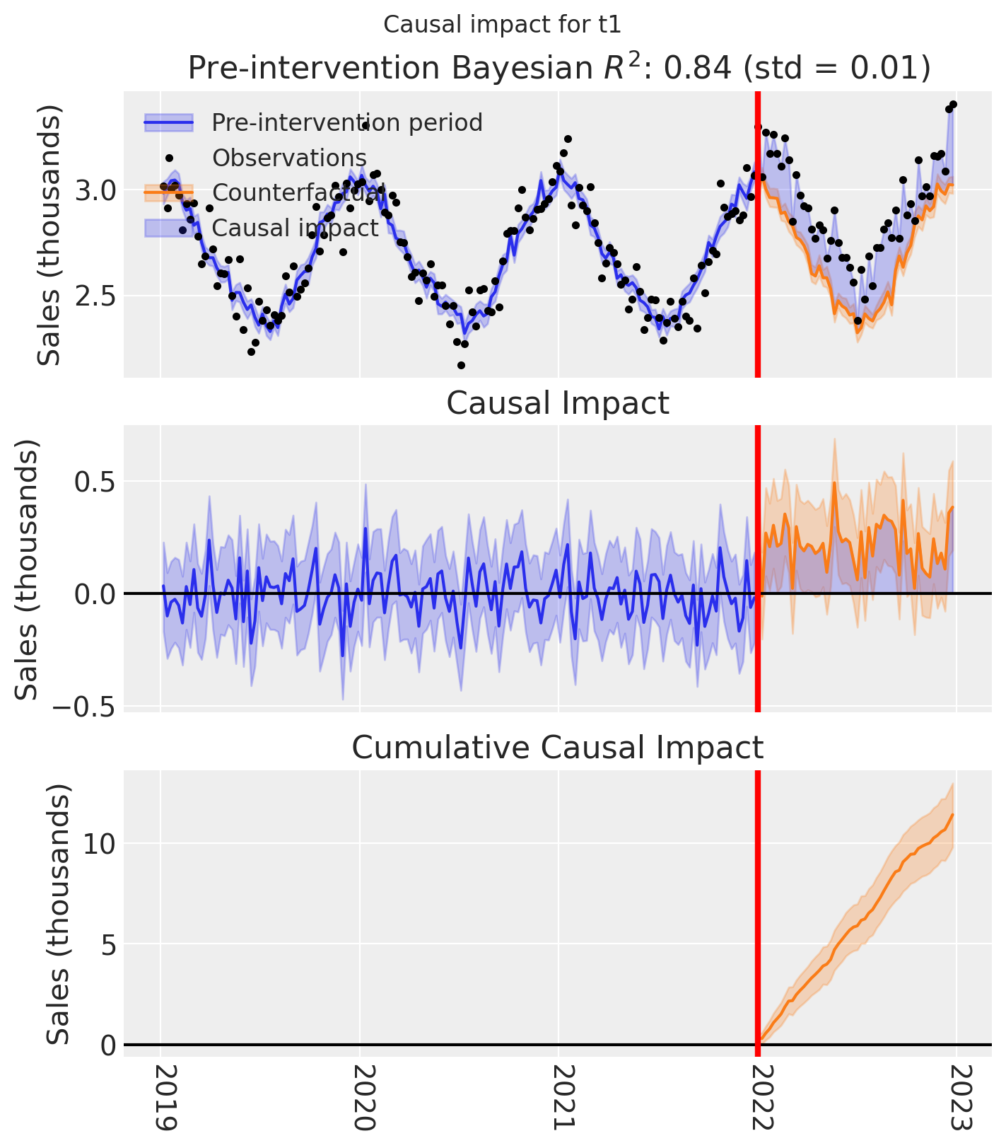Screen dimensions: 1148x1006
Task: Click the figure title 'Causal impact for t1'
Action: [x=502, y=25]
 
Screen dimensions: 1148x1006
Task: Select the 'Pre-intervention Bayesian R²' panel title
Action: [x=558, y=69]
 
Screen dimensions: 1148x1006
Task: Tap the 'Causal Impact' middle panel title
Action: [x=558, y=403]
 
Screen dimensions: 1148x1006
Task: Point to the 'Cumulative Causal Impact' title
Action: [x=558, y=748]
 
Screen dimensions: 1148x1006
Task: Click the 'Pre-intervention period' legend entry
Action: [x=347, y=122]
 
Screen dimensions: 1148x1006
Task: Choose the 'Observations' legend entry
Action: [x=289, y=158]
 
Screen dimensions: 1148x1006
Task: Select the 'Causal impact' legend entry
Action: [x=296, y=228]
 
